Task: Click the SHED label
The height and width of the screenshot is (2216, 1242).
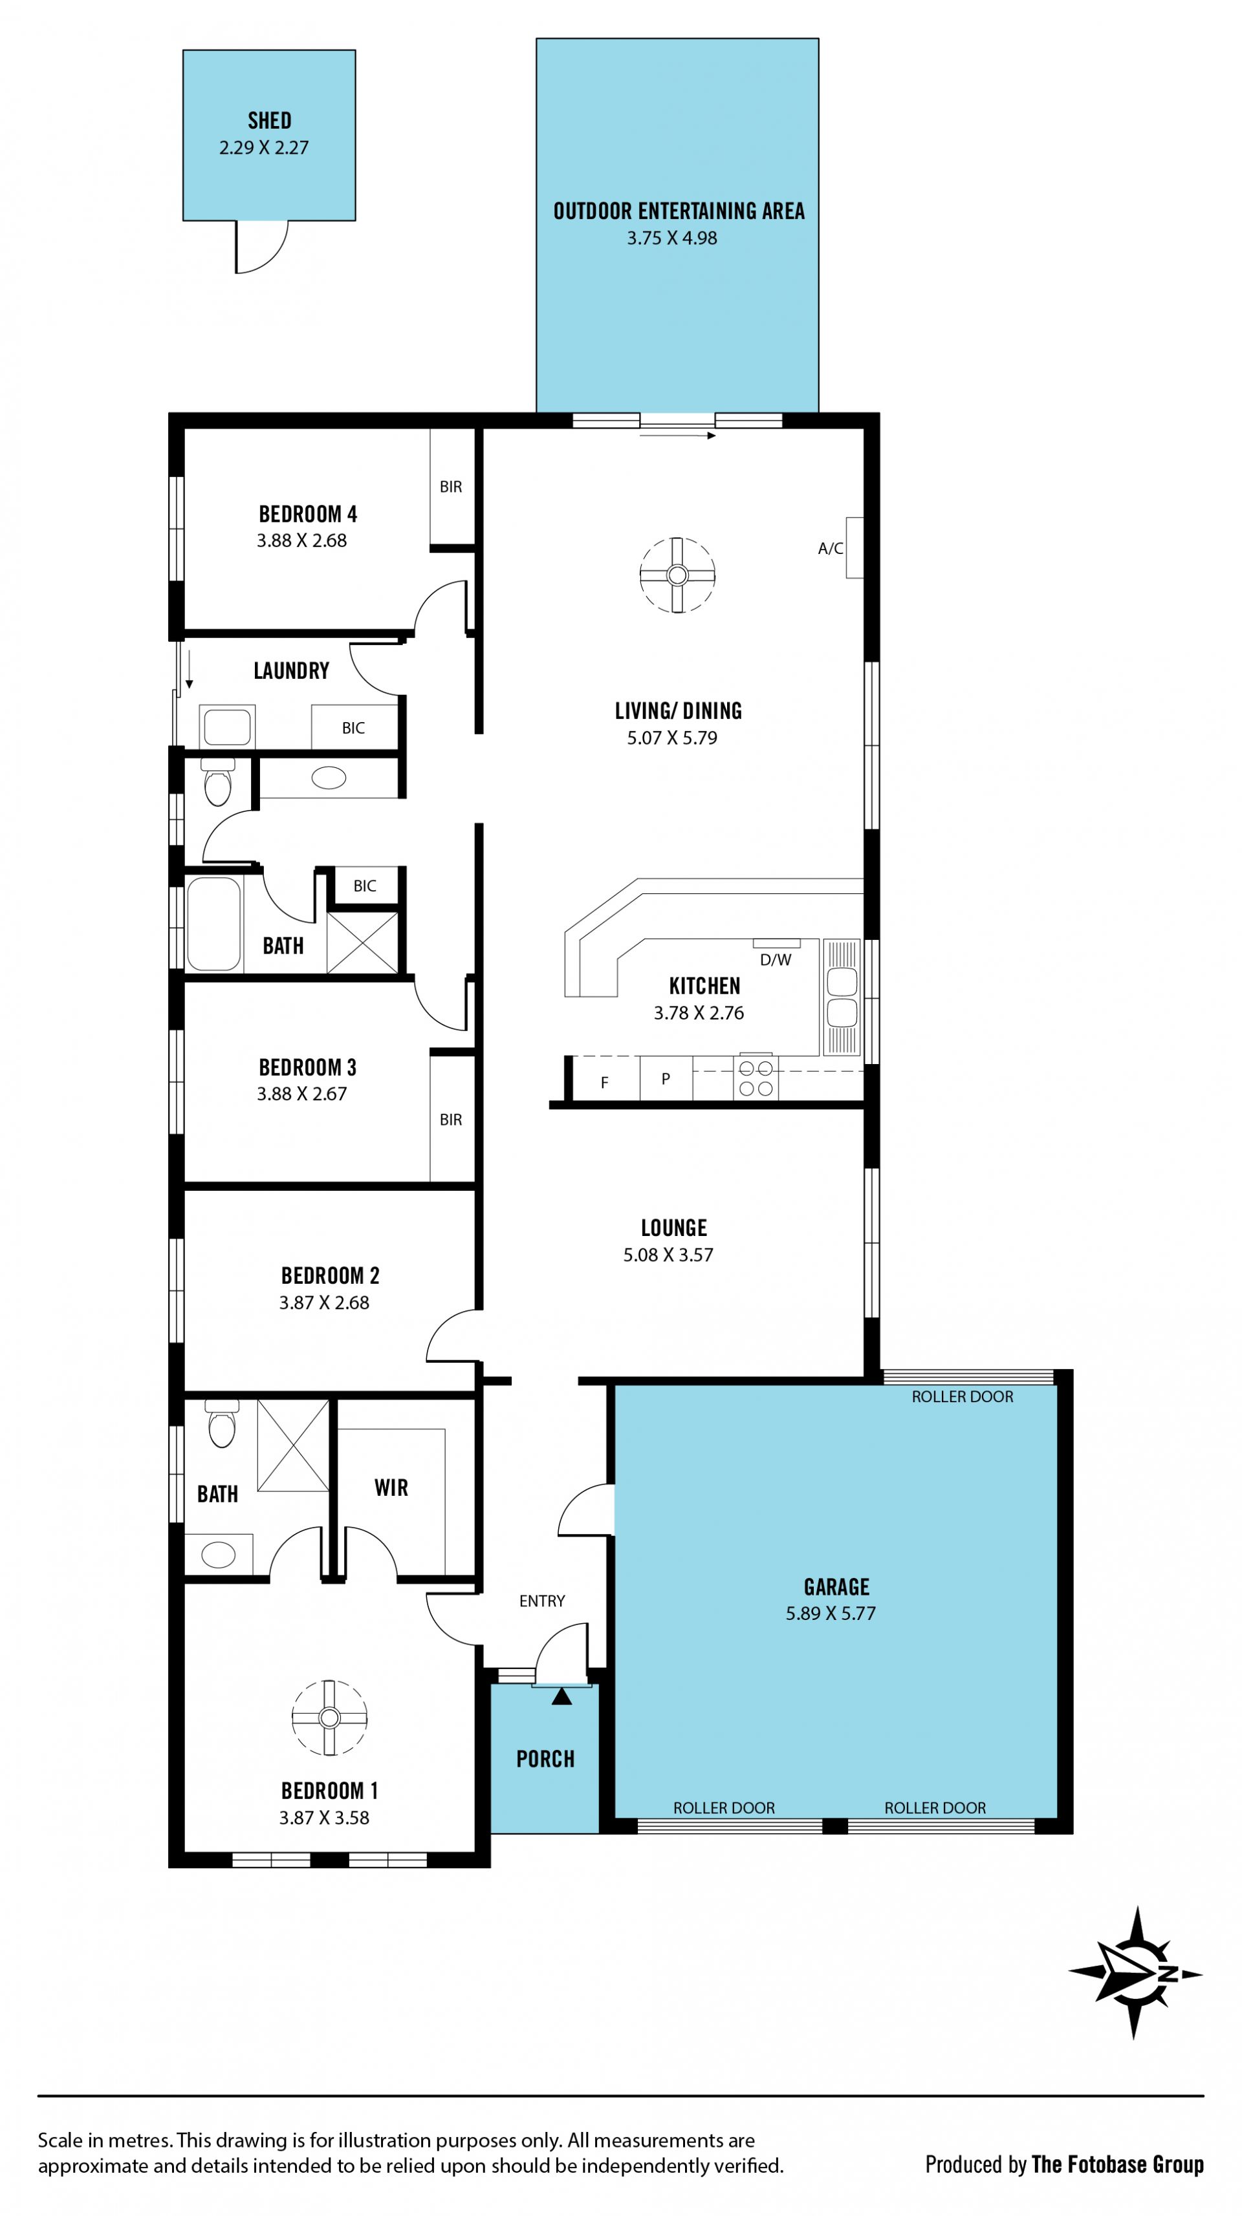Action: (x=269, y=120)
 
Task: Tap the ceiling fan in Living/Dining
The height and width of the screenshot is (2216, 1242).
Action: (x=677, y=575)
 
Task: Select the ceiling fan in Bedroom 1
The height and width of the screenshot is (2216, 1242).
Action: (x=330, y=1717)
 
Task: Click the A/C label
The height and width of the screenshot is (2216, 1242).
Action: (x=831, y=548)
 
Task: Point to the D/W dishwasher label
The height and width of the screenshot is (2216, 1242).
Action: (x=776, y=959)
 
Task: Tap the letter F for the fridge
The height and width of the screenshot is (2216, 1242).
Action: (x=604, y=1082)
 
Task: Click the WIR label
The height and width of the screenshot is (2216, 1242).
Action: (x=391, y=1487)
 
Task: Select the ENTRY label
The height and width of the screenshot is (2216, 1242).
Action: (x=542, y=1601)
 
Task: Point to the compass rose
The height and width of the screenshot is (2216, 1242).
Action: (x=1135, y=1974)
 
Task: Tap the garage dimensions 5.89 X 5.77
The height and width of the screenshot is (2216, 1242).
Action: (x=831, y=1613)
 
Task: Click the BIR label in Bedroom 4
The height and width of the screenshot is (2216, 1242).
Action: (x=451, y=487)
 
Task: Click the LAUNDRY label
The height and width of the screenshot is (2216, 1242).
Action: (x=291, y=670)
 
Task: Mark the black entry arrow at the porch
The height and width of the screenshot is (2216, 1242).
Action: (x=561, y=1696)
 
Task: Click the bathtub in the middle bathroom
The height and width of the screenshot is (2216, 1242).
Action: (x=213, y=924)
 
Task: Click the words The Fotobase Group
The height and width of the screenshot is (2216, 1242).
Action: (x=1117, y=2164)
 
